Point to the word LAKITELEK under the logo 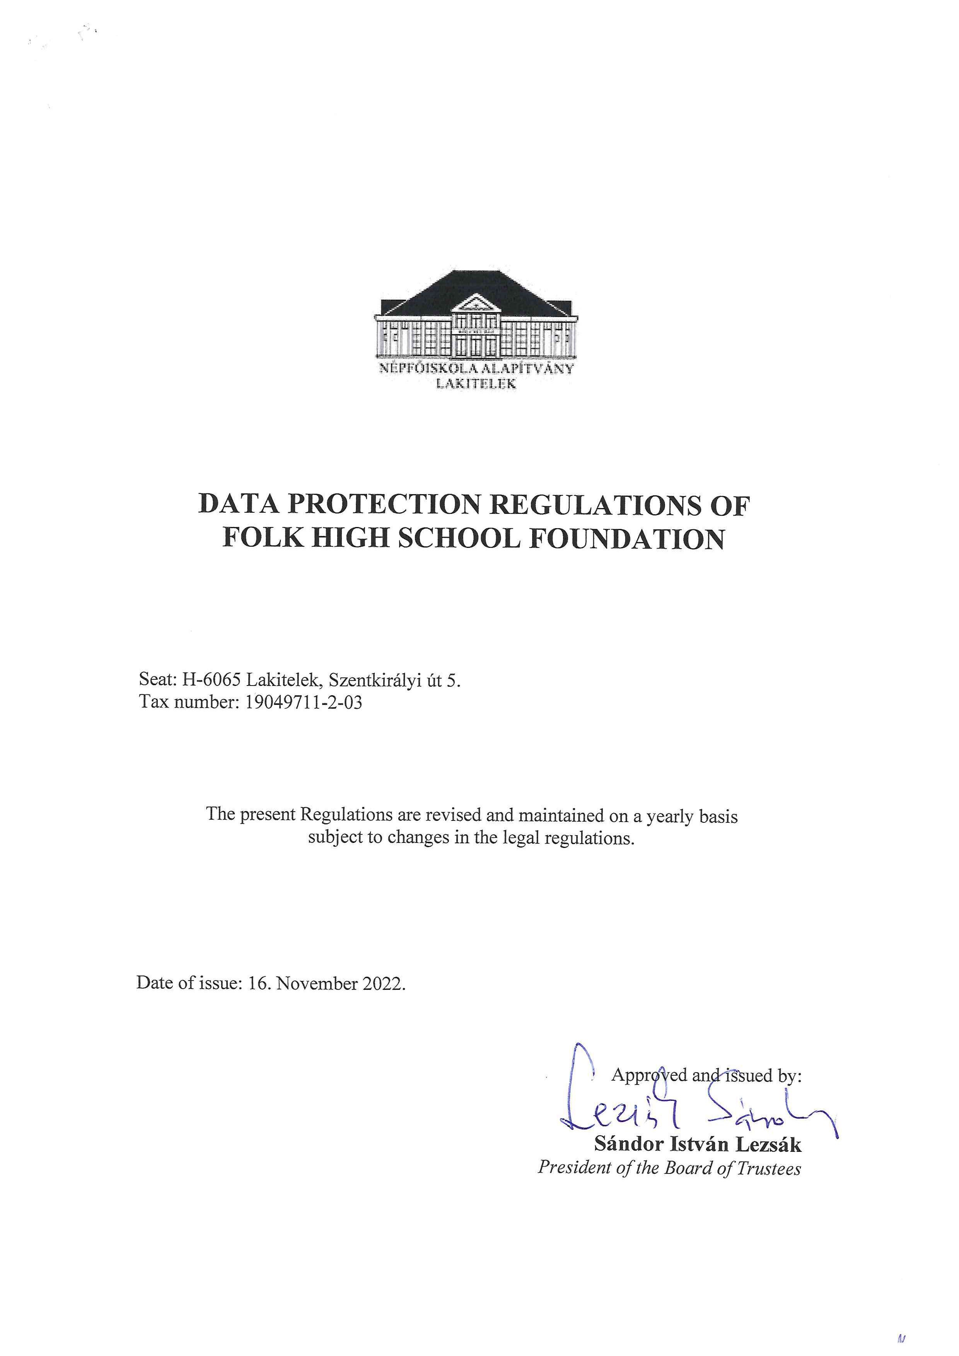[476, 384]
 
